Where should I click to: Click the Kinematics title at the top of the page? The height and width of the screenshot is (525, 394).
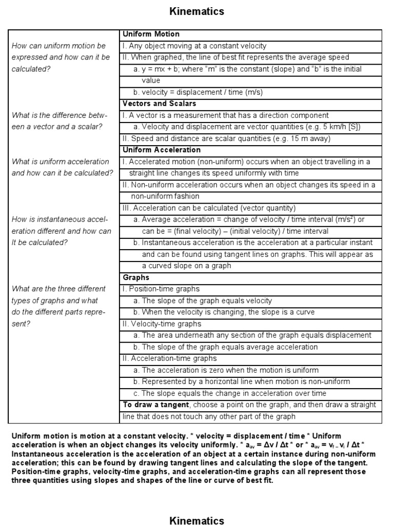[197, 11]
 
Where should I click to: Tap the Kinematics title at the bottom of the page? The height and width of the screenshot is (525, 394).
[197, 520]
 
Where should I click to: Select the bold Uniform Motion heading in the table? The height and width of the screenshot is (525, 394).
[151, 34]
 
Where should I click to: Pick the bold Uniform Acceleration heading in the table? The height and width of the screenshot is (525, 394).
[161, 150]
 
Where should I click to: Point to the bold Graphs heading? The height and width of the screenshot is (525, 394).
[136, 277]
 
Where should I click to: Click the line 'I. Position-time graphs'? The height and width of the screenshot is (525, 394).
[161, 289]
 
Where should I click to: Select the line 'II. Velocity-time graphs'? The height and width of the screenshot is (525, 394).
[161, 324]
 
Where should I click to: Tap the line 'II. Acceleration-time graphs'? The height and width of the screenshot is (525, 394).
[169, 358]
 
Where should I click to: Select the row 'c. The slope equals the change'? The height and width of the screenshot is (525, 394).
[229, 393]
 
